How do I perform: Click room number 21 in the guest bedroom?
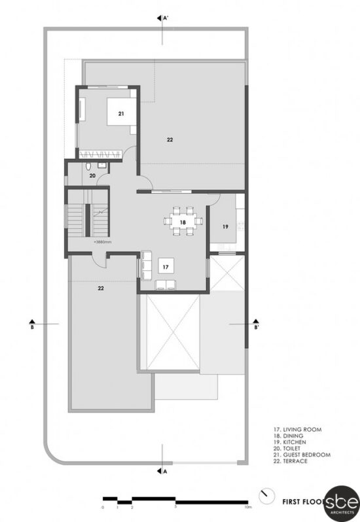121,113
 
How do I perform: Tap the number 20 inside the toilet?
92,175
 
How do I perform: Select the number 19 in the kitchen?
225,227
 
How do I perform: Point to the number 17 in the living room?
166,267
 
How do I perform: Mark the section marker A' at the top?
166,19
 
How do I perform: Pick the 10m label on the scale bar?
247,508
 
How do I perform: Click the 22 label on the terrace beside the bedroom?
170,140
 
